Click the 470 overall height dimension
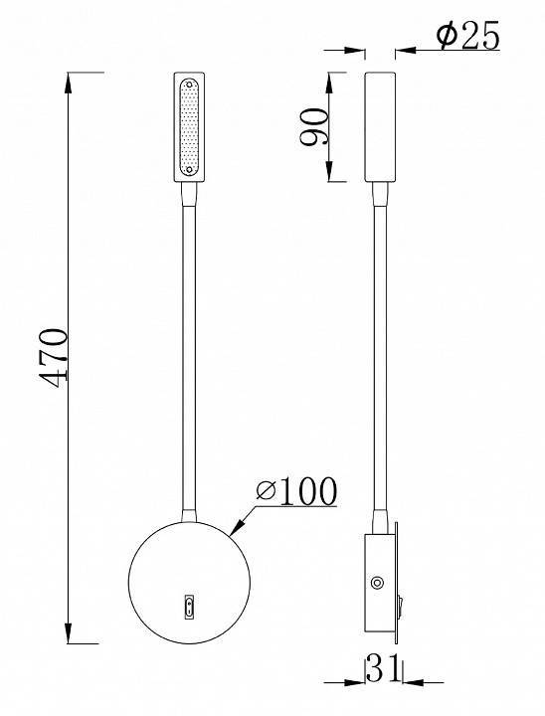pyautogui.click(x=52, y=355)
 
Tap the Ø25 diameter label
pyautogui.click(x=468, y=38)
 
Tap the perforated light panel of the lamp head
pyautogui.click(x=190, y=126)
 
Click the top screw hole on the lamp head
pyautogui.click(x=190, y=86)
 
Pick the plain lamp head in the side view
pyautogui.click(x=380, y=126)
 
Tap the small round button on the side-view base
pyautogui.click(x=377, y=584)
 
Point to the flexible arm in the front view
pyautogui.click(x=190, y=348)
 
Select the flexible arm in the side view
pyautogui.click(x=380, y=348)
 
